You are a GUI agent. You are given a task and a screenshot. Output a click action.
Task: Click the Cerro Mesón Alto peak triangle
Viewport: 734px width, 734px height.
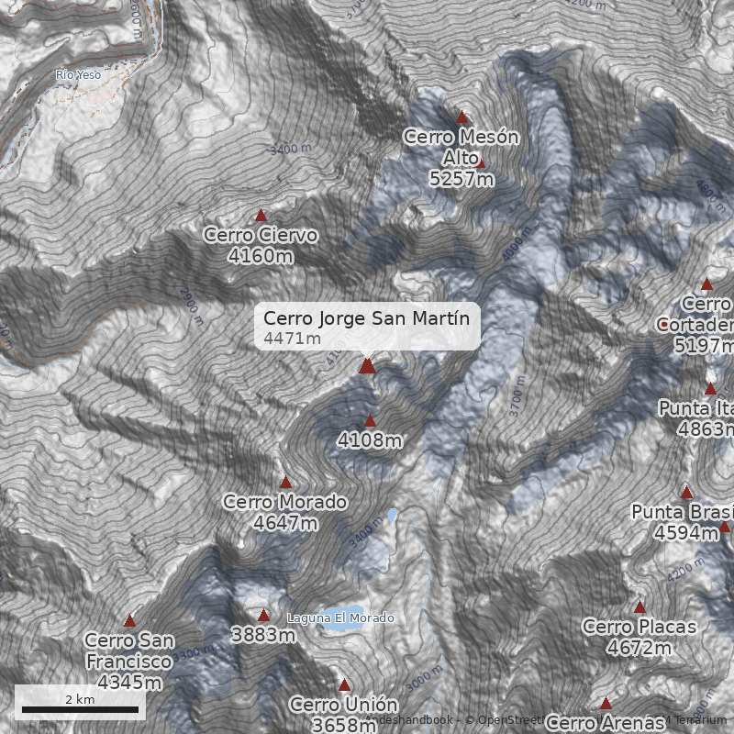tap(462, 117)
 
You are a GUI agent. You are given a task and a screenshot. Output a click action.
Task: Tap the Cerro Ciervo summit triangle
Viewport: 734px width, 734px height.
tap(261, 216)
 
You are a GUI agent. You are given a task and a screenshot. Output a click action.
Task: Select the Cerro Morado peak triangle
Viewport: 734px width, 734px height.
tap(285, 482)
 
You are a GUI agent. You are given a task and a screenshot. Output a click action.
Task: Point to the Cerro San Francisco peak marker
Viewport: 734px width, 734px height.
tap(129, 621)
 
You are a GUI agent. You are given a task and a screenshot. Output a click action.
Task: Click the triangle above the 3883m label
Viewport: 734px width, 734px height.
tap(264, 616)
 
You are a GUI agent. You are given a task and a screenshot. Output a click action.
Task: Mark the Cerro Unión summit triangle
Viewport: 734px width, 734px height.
tap(345, 684)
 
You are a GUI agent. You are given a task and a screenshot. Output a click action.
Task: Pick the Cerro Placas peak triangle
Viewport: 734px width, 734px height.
tap(639, 606)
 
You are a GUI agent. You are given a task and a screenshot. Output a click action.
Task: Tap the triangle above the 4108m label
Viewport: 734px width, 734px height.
tap(371, 422)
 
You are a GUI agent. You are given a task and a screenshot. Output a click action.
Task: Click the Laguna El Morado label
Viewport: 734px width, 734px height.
tap(340, 618)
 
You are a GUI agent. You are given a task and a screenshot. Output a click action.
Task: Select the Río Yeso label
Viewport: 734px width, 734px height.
tap(78, 75)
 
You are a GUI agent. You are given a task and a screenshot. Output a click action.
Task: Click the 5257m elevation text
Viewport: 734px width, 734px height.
tap(462, 179)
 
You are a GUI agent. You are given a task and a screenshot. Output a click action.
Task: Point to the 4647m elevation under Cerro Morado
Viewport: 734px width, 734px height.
tap(285, 523)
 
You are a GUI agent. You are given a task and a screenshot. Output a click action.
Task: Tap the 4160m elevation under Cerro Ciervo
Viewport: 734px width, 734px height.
tap(261, 256)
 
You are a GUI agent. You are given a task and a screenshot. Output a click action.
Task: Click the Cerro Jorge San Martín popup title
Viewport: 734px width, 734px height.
tap(366, 318)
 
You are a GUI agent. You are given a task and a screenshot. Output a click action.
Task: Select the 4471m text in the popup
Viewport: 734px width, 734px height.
tap(292, 339)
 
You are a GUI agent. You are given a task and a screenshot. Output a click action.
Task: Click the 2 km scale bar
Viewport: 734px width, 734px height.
tap(80, 708)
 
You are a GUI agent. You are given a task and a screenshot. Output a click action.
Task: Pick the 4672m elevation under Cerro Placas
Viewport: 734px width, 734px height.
tap(639, 648)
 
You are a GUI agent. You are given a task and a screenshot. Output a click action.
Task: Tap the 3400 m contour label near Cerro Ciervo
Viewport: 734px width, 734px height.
tap(291, 148)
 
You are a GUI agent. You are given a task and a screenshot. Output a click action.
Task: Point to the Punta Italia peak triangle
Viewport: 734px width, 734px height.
tap(710, 389)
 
